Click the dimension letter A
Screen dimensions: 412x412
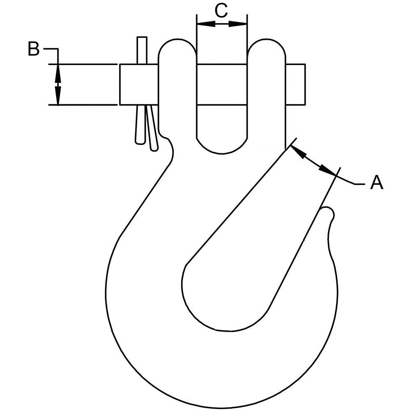click(x=377, y=182)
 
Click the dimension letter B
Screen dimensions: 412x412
click(x=33, y=49)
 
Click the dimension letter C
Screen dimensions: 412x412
click(x=221, y=11)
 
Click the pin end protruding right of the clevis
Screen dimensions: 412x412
click(x=295, y=84)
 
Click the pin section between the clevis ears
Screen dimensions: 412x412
click(x=222, y=84)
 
